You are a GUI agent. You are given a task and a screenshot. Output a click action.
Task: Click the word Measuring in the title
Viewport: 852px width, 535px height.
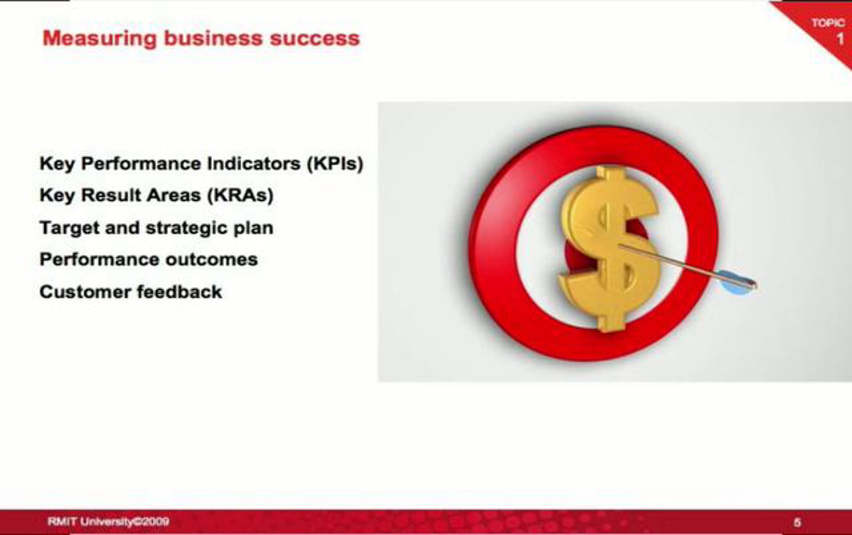[x=99, y=39]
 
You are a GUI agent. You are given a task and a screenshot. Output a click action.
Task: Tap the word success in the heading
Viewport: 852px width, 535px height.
[x=315, y=38]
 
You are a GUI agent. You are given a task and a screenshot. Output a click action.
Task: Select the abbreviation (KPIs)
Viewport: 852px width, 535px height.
[x=335, y=164]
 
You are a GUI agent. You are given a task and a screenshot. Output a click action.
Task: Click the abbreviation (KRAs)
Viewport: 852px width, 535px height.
[x=240, y=195]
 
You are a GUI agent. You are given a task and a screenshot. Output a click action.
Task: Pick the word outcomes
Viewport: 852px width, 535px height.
[x=212, y=260]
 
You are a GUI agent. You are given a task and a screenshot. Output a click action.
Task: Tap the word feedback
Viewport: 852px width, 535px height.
[x=179, y=292]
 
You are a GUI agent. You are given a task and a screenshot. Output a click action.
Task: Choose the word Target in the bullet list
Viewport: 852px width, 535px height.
[x=70, y=228]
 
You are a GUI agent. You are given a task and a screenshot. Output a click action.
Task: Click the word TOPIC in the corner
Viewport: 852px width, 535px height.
[x=828, y=23]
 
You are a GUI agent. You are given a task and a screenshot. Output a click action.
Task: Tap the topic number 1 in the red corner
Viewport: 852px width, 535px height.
[x=840, y=39]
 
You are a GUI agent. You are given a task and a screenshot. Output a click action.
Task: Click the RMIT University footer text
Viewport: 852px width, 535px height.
[x=108, y=522]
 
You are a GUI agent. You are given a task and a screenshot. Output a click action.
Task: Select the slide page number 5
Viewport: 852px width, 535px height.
[x=797, y=522]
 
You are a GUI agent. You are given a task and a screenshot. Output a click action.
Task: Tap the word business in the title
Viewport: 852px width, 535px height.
[x=213, y=38]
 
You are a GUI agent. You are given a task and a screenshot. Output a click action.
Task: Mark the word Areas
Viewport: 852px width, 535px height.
[x=174, y=195]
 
